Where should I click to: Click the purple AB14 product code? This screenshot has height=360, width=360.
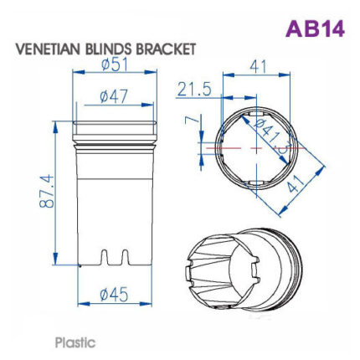pos(314,28)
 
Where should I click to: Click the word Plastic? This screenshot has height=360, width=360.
pos(75,342)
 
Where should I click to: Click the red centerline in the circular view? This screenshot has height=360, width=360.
pos(251,146)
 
